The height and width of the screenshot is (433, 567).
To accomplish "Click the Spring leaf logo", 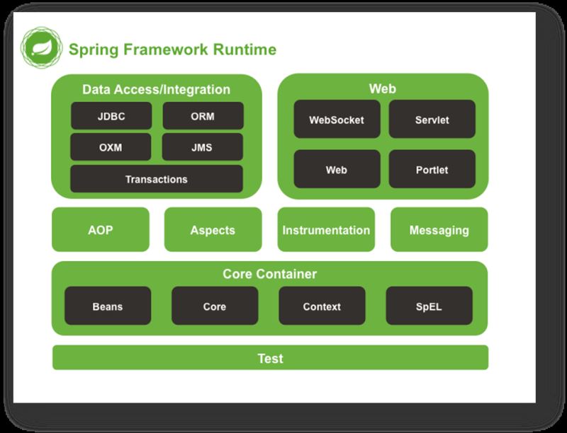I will pos(41,47).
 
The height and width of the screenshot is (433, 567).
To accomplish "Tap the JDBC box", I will pos(111,116).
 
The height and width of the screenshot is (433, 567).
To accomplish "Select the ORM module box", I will pos(203,116).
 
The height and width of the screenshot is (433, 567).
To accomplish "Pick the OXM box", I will pos(111,147).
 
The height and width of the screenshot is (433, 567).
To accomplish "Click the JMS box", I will pos(202,147).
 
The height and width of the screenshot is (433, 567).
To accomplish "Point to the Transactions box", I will pos(156,179).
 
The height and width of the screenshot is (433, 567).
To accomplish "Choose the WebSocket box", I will pos(337,120).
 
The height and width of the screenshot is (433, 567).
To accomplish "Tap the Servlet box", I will pos(432,120).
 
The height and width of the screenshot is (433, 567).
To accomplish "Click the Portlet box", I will pos(432,170).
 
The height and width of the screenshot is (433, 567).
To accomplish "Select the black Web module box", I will pos(337,170).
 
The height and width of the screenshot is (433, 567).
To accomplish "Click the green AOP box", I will pos(101,230).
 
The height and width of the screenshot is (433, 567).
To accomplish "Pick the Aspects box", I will pos(213,230).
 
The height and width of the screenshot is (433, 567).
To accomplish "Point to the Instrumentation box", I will pos(326,230).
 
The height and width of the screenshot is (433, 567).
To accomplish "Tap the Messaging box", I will pos(439,230).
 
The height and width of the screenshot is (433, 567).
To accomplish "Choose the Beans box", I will pos(108,306).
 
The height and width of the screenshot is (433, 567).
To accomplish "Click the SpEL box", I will pos(429,306).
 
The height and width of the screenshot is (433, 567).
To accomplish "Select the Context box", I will pos(322,306).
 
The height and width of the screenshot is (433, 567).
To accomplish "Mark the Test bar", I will pos(270,358).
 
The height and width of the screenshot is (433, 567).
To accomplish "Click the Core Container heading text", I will pos(270,274).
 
